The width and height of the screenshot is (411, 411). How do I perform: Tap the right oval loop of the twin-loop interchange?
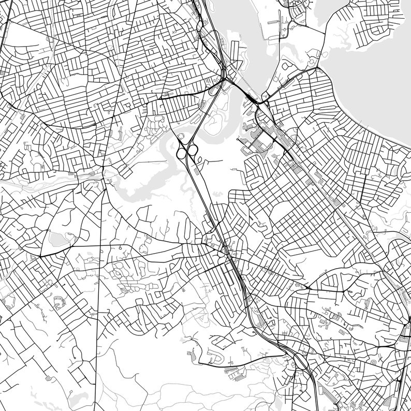[192, 150]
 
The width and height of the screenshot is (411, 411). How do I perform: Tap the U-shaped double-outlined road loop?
[214, 357]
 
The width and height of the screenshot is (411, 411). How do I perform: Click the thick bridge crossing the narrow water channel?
[251, 98]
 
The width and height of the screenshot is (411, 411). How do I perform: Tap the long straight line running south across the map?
[99, 311]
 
